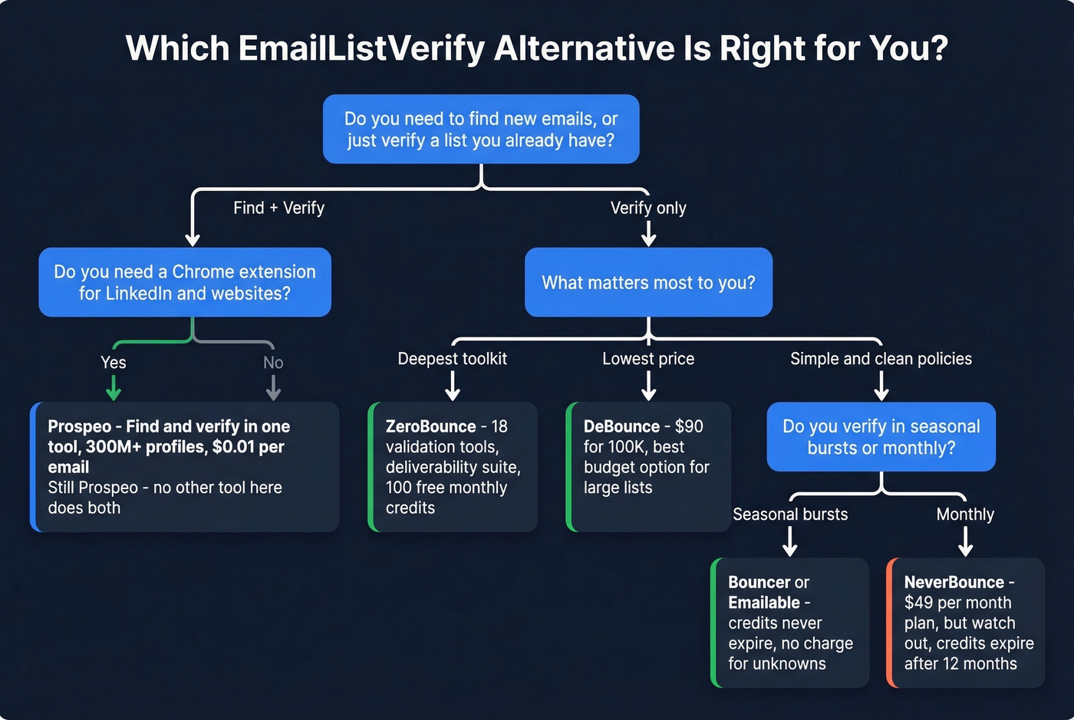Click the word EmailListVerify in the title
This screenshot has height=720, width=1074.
[361, 48]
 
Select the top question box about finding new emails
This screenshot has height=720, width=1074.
[481, 129]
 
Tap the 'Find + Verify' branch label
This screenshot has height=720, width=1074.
[278, 208]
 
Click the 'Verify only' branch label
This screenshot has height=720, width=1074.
[648, 208]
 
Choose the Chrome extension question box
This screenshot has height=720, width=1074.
[185, 282]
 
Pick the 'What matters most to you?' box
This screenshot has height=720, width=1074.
[648, 282]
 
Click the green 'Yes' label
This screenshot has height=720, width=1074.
[114, 363]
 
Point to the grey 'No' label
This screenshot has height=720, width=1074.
[273, 363]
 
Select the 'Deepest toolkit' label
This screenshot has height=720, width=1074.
[452, 359]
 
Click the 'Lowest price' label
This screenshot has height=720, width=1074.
[648, 359]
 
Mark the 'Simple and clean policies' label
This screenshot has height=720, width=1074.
[881, 359]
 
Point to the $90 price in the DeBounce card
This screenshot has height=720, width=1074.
[689, 426]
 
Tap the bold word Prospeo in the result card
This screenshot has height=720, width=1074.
[79, 426]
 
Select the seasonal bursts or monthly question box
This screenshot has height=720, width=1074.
[881, 437]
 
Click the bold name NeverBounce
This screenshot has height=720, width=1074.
[954, 583]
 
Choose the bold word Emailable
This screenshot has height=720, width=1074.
[764, 603]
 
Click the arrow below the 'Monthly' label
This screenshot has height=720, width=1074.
[966, 541]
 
